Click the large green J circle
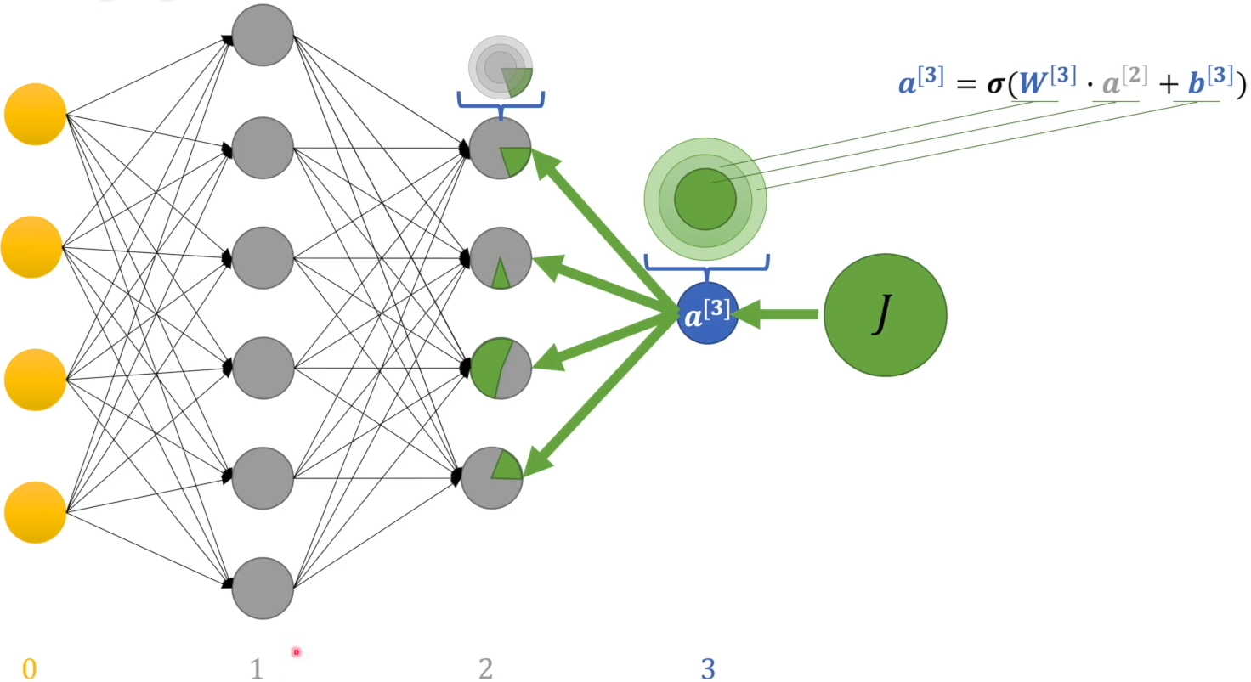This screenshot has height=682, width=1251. (885, 315)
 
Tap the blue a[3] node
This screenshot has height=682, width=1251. (708, 313)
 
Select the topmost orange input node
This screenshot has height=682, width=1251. (35, 114)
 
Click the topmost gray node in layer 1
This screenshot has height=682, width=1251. (263, 35)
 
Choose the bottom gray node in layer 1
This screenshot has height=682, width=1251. (263, 588)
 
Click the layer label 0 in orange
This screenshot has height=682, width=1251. (29, 669)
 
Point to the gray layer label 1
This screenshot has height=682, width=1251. (257, 669)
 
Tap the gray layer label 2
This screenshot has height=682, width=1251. (485, 669)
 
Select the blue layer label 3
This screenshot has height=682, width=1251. (708, 669)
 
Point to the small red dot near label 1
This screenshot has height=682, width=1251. (297, 652)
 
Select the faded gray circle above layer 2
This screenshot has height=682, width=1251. (501, 66)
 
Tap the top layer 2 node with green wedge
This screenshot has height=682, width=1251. (501, 148)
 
